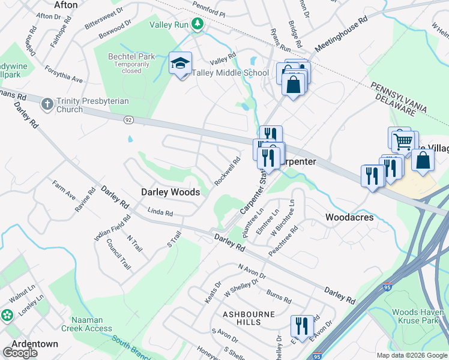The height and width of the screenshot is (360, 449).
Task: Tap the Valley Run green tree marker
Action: pyautogui.click(x=197, y=25)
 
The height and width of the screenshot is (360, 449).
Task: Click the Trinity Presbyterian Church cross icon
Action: pyautogui.click(x=47, y=104)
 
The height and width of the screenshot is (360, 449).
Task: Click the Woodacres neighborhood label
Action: pyautogui.click(x=349, y=217)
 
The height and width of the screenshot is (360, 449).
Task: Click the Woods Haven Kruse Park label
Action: pyautogui.click(x=418, y=317)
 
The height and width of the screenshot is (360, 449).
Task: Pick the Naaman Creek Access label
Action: pyautogui.click(x=91, y=324)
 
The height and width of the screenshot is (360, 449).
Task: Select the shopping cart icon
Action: pyautogui.click(x=403, y=141)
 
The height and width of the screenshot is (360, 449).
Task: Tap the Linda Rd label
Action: pyautogui.click(x=160, y=212)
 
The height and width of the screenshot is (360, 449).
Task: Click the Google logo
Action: pyautogui.click(x=20, y=353)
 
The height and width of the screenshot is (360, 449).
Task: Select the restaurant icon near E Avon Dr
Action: pyautogui.click(x=301, y=326)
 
